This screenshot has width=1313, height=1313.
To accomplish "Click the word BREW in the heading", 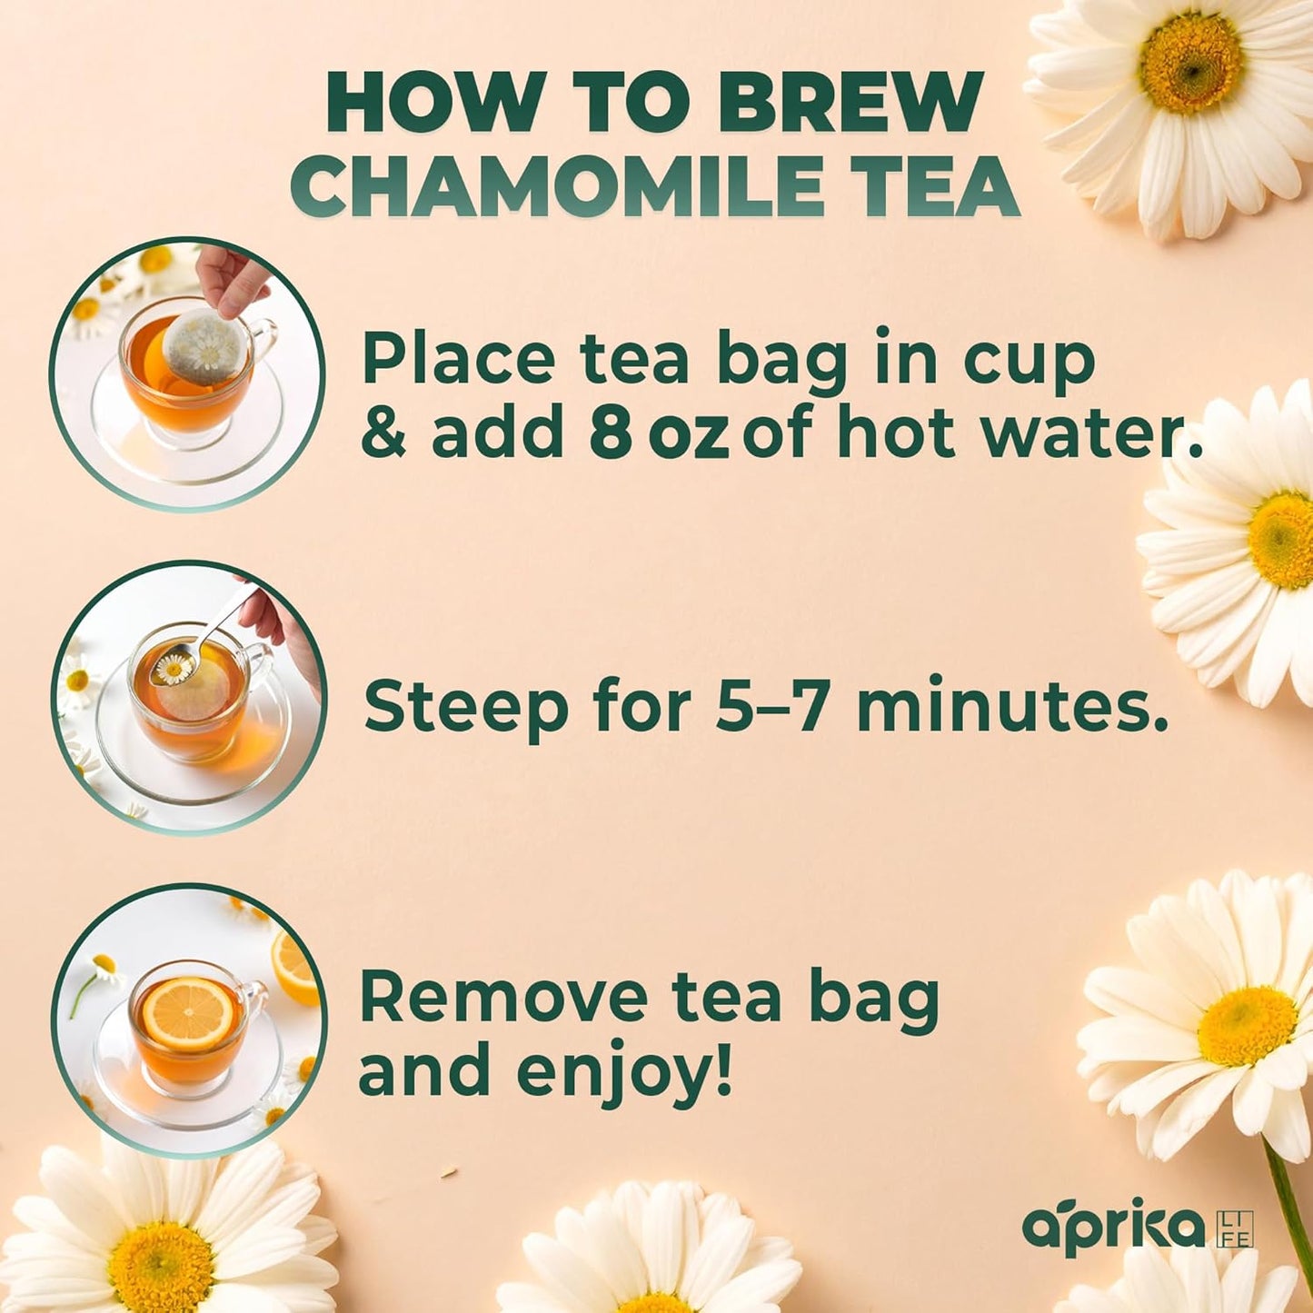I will pyautogui.click(x=850, y=103).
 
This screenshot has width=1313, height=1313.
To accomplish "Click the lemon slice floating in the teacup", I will pyautogui.click(x=188, y=1012).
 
